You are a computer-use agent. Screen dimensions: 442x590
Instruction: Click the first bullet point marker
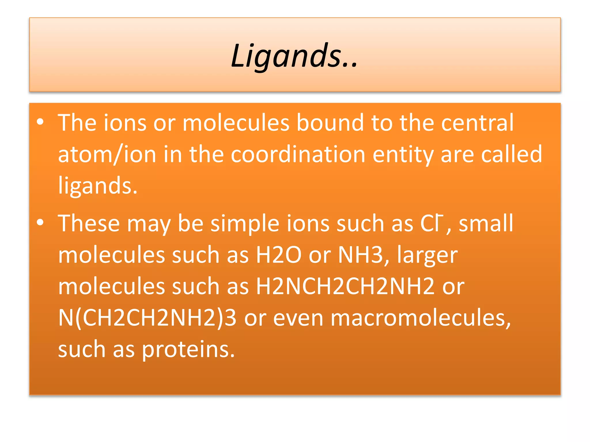(x=40, y=122)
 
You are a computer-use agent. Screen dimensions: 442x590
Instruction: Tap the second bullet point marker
(x=40, y=222)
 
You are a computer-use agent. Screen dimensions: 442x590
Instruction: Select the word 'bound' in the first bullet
(x=330, y=123)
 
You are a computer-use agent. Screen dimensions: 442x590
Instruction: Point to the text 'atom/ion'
(x=107, y=155)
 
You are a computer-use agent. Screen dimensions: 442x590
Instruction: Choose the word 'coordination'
(x=298, y=155)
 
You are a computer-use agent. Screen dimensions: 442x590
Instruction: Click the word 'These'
(x=89, y=224)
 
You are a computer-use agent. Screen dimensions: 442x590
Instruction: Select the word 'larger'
(x=428, y=256)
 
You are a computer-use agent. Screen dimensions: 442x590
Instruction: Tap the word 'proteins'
(x=188, y=350)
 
